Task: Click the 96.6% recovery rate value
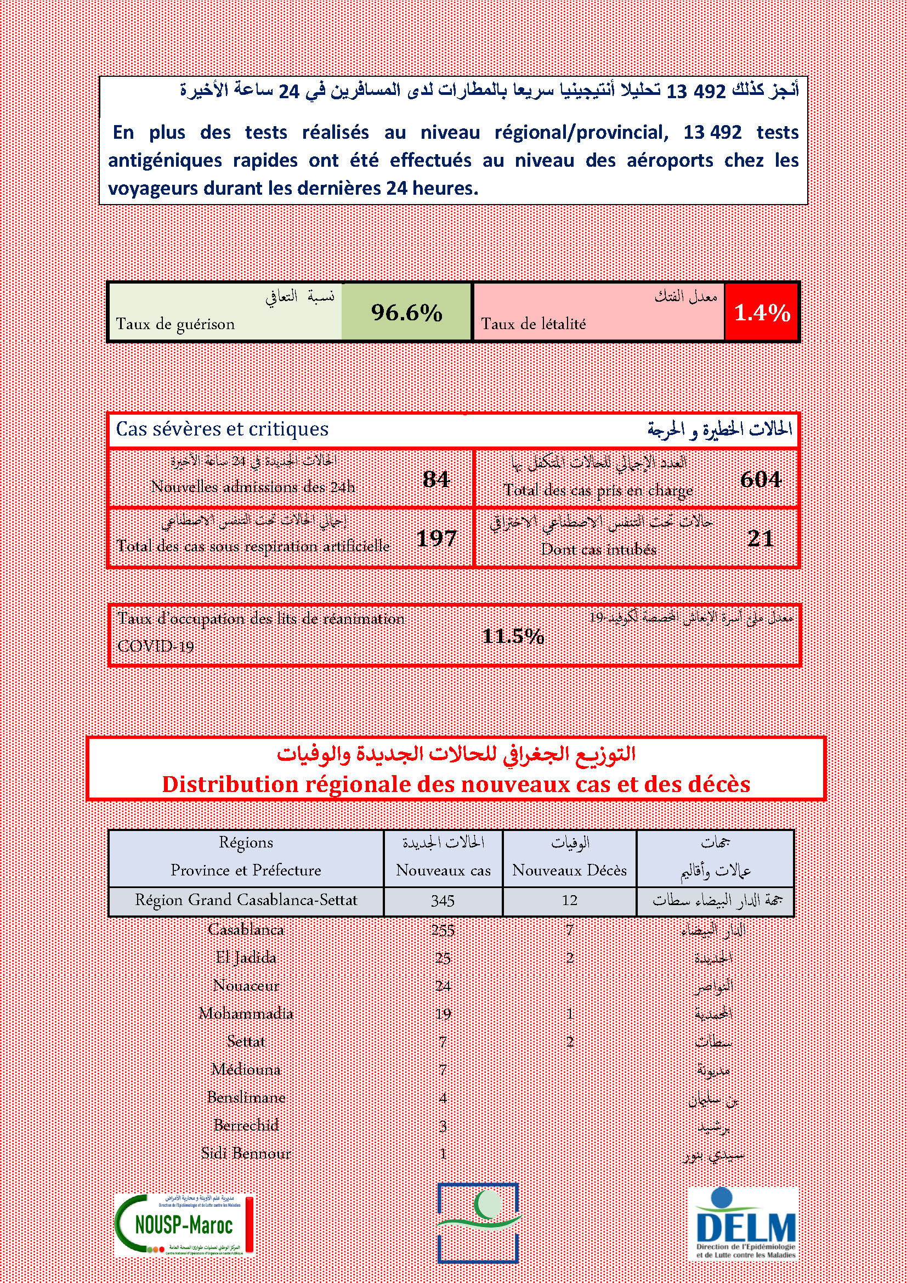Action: pyautogui.click(x=406, y=313)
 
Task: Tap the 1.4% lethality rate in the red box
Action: pyautogui.click(x=762, y=313)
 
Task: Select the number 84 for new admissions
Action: pyautogui.click(x=435, y=479)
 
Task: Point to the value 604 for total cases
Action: pyautogui.click(x=760, y=479)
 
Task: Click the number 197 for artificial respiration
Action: pyautogui.click(x=437, y=538)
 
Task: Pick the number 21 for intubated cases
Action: pyautogui.click(x=760, y=538)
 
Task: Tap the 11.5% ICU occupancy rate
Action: pyautogui.click(x=513, y=636)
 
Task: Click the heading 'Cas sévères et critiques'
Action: pyautogui.click(x=222, y=429)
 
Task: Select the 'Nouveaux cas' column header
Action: pyautogui.click(x=443, y=870)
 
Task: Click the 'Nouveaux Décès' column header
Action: pyautogui.click(x=569, y=870)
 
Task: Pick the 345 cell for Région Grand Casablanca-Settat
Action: pyautogui.click(x=443, y=901)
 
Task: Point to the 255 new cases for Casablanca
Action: pyautogui.click(x=443, y=930)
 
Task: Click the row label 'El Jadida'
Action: pyautogui.click(x=246, y=958)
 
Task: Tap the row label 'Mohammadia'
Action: pyautogui.click(x=246, y=1014)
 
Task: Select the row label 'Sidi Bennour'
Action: pyautogui.click(x=246, y=1154)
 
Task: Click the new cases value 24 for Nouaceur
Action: pyautogui.click(x=443, y=986)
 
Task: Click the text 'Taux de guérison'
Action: pyautogui.click(x=175, y=324)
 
